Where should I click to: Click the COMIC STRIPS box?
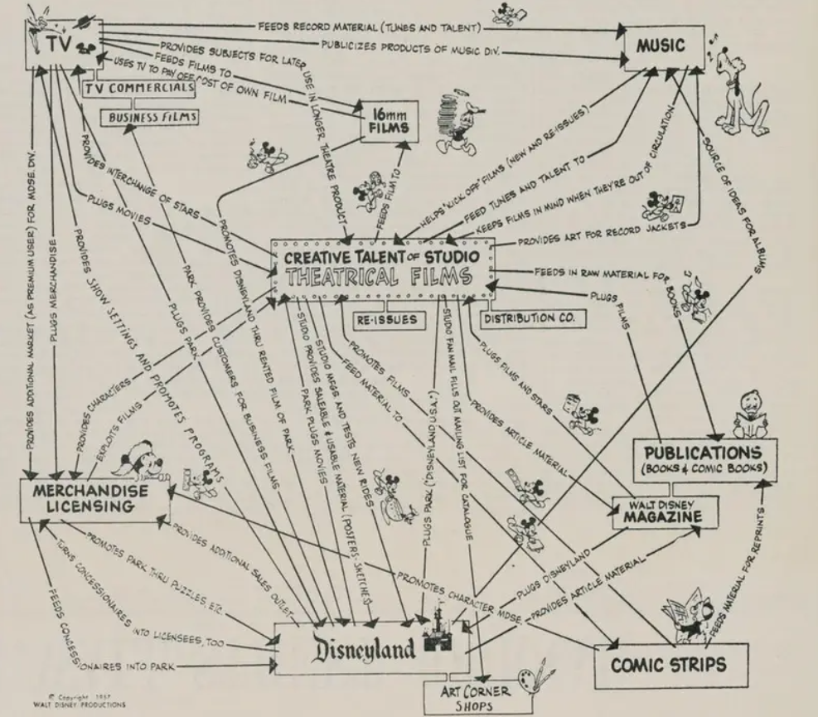[x=670, y=664]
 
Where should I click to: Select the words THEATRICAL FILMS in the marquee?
[x=381, y=277]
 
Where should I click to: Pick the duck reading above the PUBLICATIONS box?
[x=748, y=416]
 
